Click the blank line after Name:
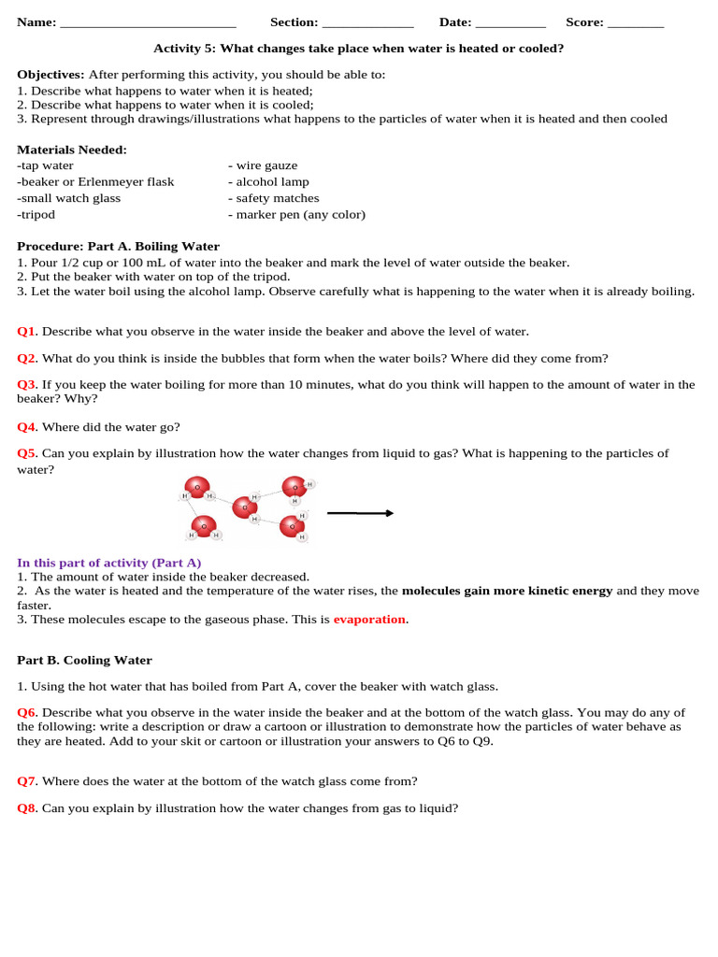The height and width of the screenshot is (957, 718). [148, 24]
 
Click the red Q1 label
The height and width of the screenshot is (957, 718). [27, 331]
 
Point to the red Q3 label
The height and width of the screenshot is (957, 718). [27, 384]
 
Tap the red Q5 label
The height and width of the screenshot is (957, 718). [27, 453]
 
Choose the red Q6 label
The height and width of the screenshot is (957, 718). [27, 712]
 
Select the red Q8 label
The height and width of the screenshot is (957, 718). [27, 808]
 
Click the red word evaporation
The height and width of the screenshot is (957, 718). [369, 619]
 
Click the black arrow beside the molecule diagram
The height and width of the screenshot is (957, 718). [360, 513]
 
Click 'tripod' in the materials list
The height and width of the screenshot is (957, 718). [36, 214]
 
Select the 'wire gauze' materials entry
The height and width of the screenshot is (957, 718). [263, 165]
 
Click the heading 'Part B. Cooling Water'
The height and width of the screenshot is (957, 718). [84, 660]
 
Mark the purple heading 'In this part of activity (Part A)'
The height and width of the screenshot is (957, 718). [109, 563]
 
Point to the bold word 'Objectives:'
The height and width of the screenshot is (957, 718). [50, 75]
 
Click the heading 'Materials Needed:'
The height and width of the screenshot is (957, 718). [72, 150]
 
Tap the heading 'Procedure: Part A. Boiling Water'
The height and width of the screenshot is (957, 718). [118, 247]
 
